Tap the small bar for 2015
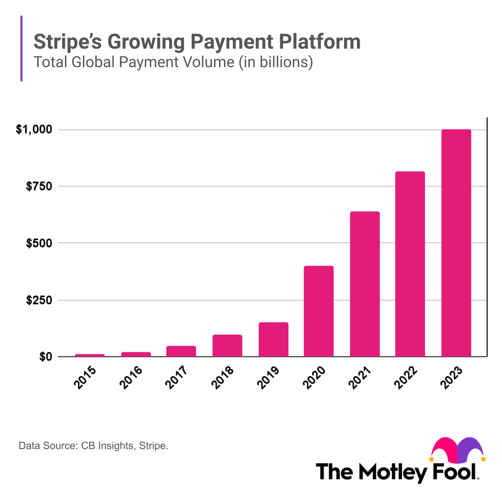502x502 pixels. pyautogui.click(x=90, y=355)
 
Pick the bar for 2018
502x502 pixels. pyautogui.click(x=227, y=345)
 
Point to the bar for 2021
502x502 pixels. pyautogui.click(x=365, y=284)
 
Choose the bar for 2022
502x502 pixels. pyautogui.click(x=410, y=264)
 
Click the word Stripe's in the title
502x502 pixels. pyautogui.click(x=68, y=42)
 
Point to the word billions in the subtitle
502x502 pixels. pyautogui.click(x=284, y=62)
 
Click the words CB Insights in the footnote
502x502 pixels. pyautogui.click(x=107, y=446)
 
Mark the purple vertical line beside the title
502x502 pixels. pyautogui.click(x=22, y=48)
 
